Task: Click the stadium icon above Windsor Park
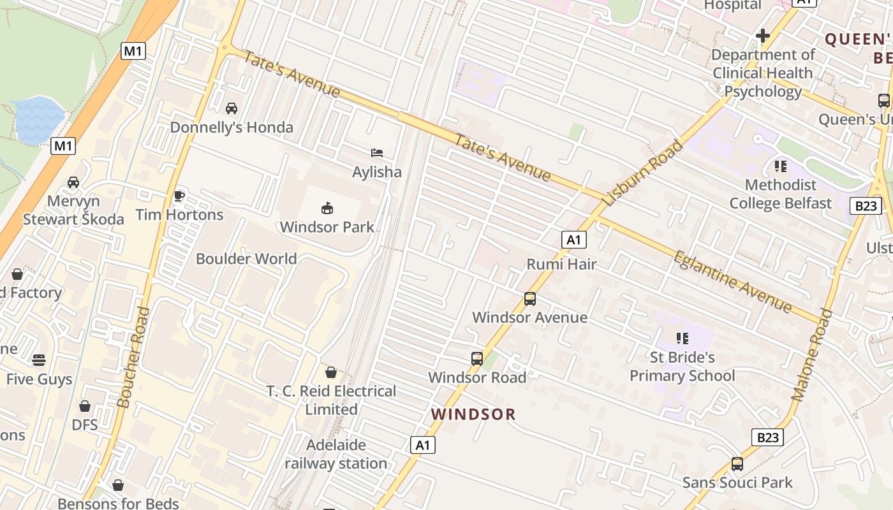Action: [x=327, y=208]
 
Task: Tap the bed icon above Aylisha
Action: [x=377, y=153]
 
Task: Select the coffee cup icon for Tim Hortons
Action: [x=179, y=196]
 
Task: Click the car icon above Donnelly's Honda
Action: [x=232, y=108]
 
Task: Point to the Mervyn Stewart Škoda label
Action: [x=73, y=210]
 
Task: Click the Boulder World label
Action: [x=246, y=259]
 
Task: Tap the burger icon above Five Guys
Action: [x=39, y=360]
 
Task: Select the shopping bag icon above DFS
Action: [x=84, y=406]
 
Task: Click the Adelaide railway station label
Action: [x=336, y=454]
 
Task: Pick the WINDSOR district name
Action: [x=473, y=414]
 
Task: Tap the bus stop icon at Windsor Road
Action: [x=477, y=358]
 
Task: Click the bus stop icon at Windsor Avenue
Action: [x=529, y=298]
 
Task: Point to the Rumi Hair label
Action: [x=561, y=264]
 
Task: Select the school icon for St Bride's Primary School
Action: [x=682, y=338]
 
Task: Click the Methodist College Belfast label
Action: [x=780, y=194]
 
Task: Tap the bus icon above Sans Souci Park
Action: [x=737, y=463]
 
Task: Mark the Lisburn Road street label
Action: [x=642, y=173]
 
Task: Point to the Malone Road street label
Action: [x=812, y=355]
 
